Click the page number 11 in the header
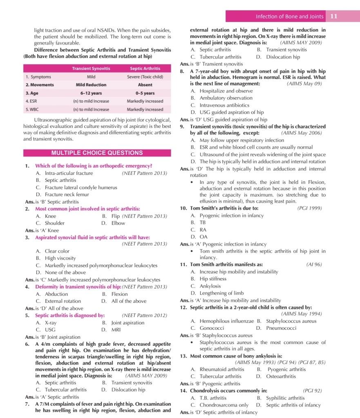pyautogui.click(x=333, y=16)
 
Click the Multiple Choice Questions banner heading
pyautogui.click(x=97, y=153)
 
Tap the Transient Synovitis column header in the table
pyautogui.click(x=91, y=68)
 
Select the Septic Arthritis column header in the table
pyautogui.click(x=145, y=68)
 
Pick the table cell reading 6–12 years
pyautogui.click(x=91, y=93)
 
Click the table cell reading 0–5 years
pyautogui.click(x=145, y=93)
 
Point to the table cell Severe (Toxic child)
pyautogui.click(x=145, y=76)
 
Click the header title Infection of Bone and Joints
pyautogui.click(x=289, y=16)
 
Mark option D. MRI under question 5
pyautogui.click(x=111, y=329)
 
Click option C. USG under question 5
pyautogui.click(x=45, y=329)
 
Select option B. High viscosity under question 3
pyautogui.click(x=56, y=258)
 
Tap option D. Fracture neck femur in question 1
pyautogui.click(x=62, y=194)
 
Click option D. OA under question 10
pyautogui.click(x=199, y=237)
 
